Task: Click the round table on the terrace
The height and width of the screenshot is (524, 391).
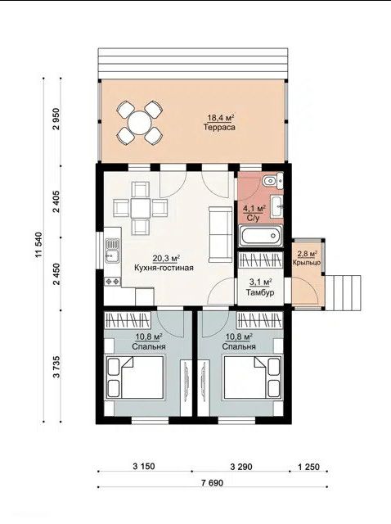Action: click(140, 123)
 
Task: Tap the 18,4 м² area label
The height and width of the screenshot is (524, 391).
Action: click(220, 118)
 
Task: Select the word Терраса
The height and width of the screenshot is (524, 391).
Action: click(219, 128)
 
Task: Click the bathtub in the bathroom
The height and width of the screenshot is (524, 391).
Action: click(261, 236)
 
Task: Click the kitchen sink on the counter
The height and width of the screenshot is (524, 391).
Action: click(111, 251)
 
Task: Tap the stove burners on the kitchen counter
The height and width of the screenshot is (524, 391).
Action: click(113, 282)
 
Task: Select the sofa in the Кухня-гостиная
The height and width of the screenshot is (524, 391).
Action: click(221, 234)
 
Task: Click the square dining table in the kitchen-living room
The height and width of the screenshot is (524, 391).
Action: click(140, 209)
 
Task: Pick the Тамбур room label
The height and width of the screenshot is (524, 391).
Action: click(260, 292)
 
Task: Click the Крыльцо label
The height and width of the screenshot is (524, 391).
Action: click(307, 263)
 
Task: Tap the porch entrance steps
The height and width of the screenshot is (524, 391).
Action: click(344, 293)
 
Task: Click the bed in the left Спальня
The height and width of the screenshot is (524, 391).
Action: click(135, 377)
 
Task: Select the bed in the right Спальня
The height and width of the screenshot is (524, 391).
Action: click(253, 377)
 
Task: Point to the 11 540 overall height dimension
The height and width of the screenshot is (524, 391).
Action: click(39, 245)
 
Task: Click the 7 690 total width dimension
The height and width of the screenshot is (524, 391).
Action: click(213, 482)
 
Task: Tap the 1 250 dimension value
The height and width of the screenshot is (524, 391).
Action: click(308, 467)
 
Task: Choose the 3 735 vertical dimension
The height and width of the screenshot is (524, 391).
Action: click(56, 367)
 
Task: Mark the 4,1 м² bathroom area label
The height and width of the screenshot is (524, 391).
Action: click(254, 209)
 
